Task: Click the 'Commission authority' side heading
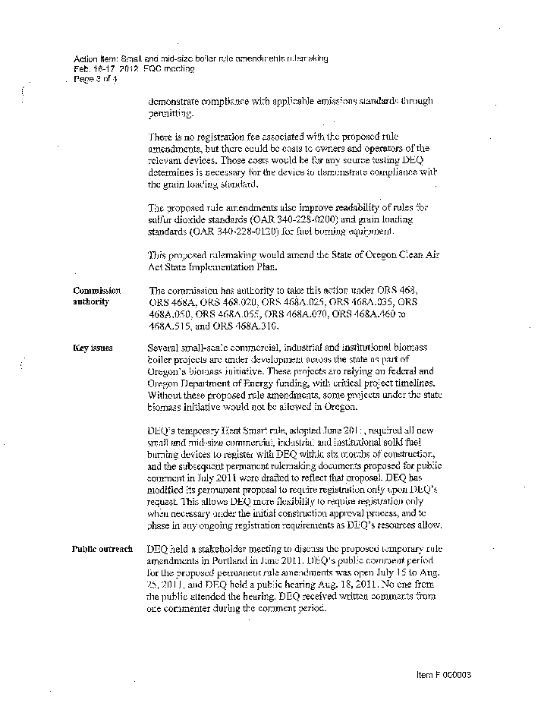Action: click(x=96, y=296)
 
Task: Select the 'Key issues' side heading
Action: click(x=93, y=348)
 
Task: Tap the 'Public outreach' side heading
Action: click(x=102, y=549)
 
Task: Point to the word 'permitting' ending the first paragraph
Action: click(x=171, y=113)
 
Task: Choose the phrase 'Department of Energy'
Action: click(x=219, y=383)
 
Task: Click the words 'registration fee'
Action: click(x=216, y=137)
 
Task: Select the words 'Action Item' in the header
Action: click(x=95, y=58)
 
